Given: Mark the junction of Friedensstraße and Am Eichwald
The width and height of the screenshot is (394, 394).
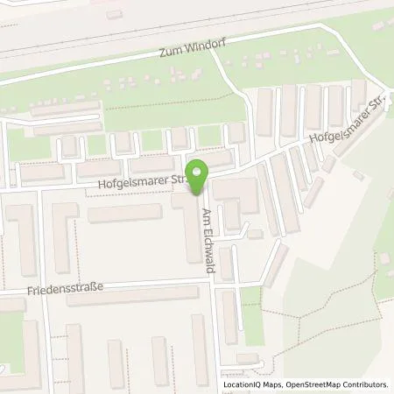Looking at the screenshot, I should [x=215, y=281].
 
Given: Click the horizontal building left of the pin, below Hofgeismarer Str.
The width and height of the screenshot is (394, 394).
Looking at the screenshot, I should [x=124, y=213].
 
